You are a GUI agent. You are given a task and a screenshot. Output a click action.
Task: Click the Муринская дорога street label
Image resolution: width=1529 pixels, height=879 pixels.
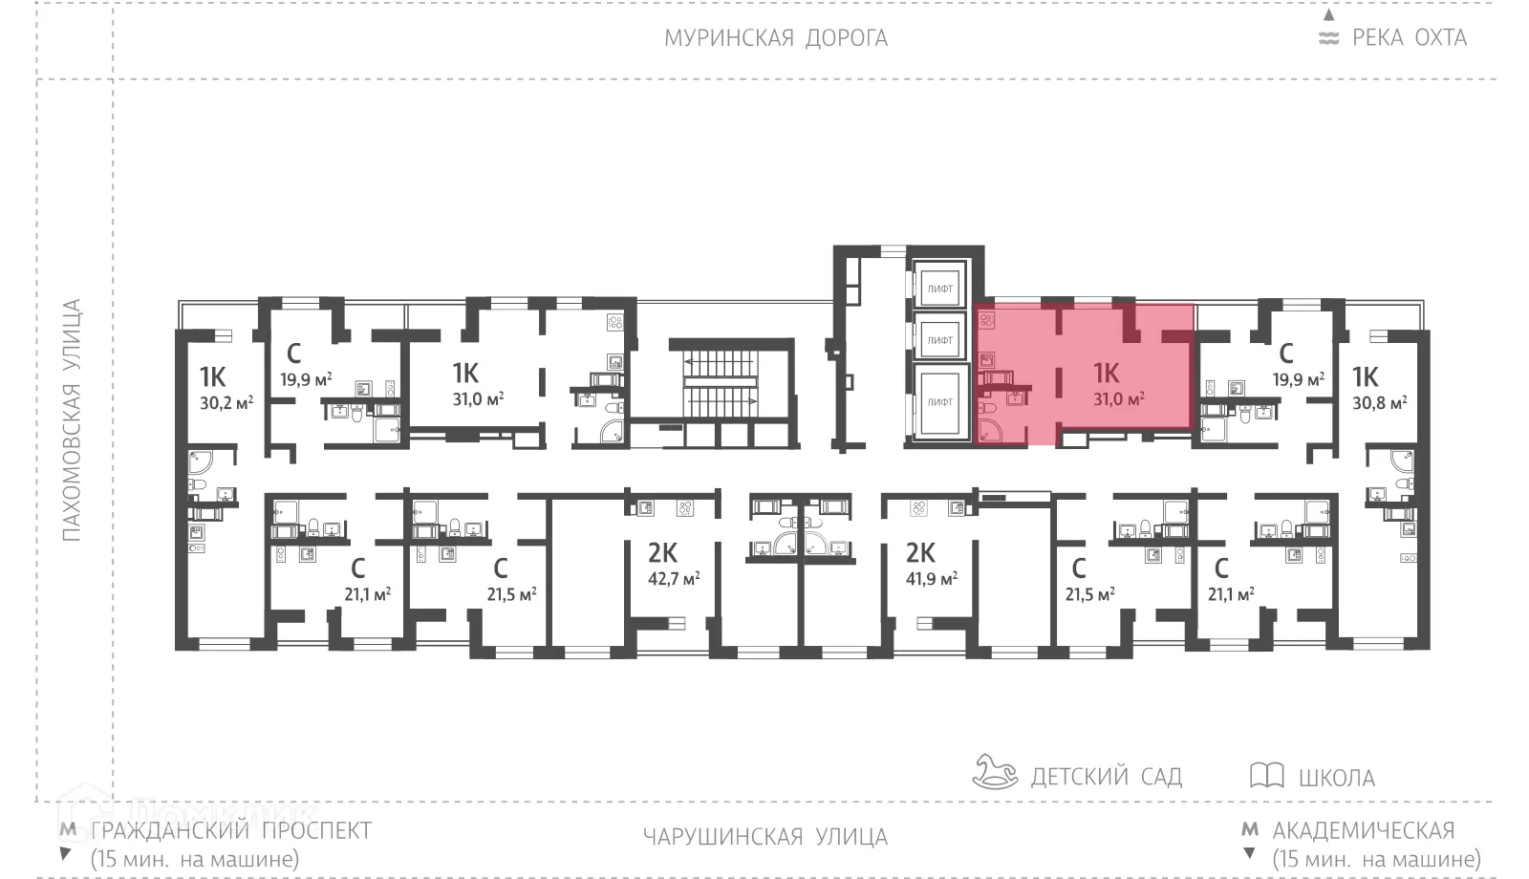776,38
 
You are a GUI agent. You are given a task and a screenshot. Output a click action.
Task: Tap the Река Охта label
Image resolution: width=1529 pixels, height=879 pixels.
1409,38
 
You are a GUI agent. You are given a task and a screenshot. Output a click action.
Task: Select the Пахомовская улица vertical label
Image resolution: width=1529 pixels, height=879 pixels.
72,420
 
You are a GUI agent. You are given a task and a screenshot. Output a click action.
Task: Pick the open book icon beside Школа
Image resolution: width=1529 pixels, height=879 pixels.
1266,775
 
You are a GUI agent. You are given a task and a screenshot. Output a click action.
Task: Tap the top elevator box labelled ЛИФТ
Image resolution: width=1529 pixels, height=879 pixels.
940,288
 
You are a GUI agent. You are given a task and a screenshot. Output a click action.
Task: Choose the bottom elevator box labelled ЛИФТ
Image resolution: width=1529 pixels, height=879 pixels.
940,402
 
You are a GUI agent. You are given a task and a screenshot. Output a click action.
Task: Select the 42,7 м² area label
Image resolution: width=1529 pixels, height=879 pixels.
674,578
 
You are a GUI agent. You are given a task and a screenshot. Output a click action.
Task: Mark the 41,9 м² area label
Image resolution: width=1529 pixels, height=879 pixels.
932,578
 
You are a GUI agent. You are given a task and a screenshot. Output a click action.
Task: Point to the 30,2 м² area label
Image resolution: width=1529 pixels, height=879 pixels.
226,403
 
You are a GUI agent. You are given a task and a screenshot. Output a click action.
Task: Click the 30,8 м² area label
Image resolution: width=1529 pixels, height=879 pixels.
1379,403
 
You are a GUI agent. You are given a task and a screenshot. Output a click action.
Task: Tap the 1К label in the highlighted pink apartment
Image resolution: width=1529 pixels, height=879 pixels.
1106,373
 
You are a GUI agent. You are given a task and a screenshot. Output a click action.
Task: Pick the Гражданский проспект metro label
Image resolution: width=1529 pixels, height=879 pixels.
230,829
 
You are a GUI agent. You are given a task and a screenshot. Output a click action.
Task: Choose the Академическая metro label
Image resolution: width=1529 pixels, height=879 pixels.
1363,829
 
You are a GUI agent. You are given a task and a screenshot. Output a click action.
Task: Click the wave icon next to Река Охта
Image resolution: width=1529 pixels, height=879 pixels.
1328,38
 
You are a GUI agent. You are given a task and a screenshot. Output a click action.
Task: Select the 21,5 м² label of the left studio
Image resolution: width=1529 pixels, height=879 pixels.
511,593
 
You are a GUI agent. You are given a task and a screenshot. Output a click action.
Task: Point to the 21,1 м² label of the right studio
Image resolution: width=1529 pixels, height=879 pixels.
1231,593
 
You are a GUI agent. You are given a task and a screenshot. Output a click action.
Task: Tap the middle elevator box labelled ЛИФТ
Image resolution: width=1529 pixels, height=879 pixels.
940,340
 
